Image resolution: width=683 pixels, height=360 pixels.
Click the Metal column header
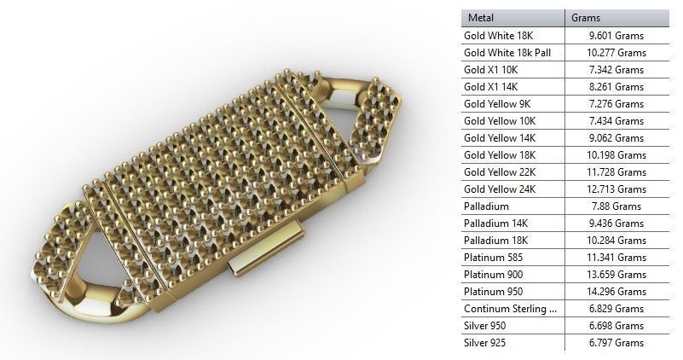point(481,17)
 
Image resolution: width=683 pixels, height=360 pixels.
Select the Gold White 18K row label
point(495,36)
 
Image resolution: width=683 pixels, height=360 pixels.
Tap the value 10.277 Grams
point(616,53)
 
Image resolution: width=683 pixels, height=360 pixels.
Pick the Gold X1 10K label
point(488,70)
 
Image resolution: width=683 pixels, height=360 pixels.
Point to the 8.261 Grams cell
point(616,87)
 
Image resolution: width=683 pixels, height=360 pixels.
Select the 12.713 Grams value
point(616,189)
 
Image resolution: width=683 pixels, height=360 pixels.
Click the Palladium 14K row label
point(491,224)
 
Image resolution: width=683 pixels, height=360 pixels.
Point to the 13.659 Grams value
point(616,275)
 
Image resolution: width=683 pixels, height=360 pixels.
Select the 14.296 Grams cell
point(616,292)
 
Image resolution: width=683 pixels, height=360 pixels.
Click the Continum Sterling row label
point(510,309)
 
